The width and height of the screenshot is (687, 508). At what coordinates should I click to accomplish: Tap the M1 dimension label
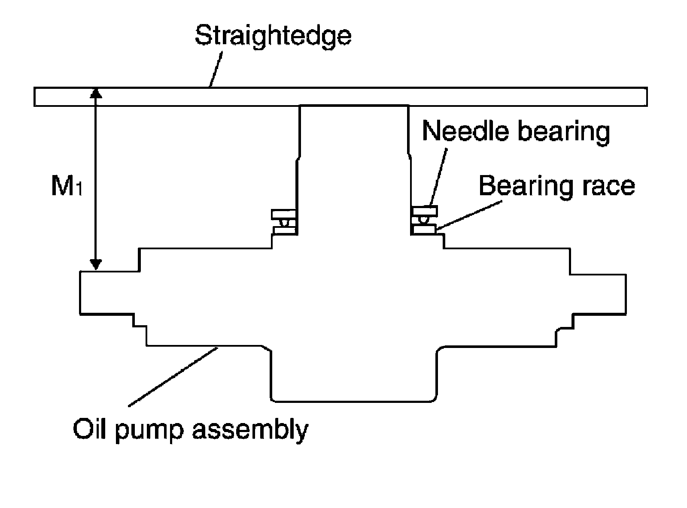(67, 186)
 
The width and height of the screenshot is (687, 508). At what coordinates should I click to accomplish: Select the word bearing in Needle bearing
(564, 131)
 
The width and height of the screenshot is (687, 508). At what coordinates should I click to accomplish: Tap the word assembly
(250, 429)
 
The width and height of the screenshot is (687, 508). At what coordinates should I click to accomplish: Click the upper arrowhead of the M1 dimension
(97, 94)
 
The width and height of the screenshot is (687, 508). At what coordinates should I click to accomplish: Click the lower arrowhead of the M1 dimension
(97, 264)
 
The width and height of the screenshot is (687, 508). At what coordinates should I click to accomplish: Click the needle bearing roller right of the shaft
(423, 219)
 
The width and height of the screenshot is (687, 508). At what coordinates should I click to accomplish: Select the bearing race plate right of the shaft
(424, 230)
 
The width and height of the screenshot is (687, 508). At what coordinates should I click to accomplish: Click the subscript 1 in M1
(78, 190)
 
